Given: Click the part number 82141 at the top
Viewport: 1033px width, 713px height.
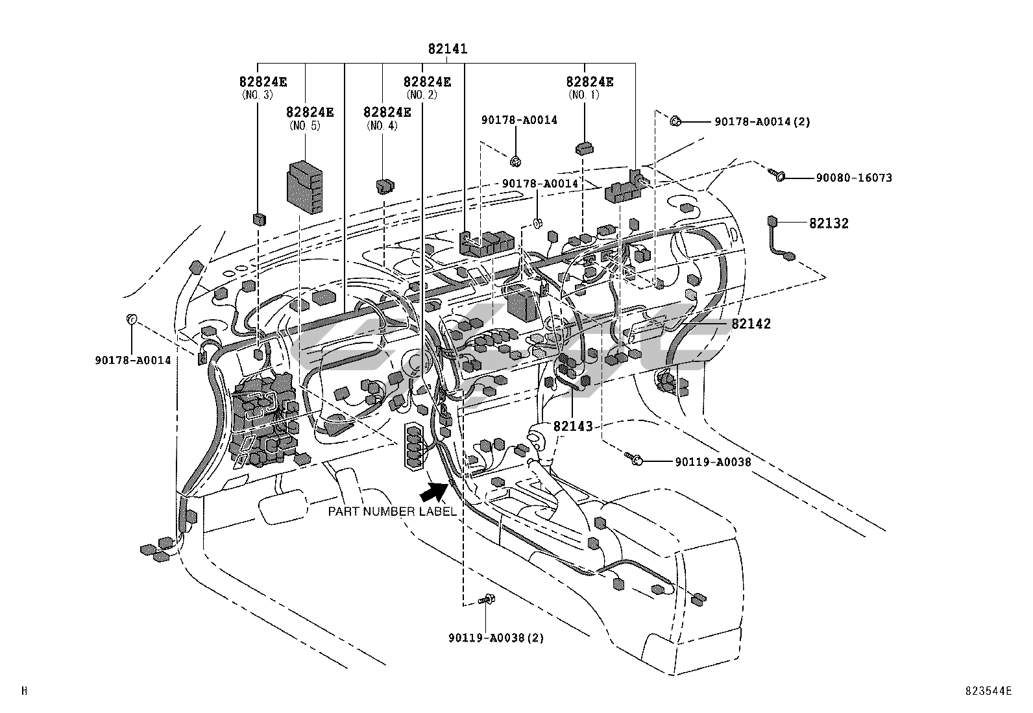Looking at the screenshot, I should point(448,49).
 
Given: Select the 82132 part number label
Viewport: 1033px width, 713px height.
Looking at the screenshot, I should point(829,223).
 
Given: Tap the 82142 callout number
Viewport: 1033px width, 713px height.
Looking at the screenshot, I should point(751,324).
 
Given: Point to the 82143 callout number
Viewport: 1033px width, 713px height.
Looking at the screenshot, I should point(573,426).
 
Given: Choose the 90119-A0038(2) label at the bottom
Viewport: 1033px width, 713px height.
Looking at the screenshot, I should point(496,638).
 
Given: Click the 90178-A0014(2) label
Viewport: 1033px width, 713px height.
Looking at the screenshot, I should point(762,121).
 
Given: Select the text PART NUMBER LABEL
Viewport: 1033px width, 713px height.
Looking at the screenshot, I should point(392,511).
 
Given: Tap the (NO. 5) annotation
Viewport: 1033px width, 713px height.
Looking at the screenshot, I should point(305,125).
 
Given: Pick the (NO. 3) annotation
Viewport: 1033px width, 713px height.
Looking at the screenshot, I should point(258,95).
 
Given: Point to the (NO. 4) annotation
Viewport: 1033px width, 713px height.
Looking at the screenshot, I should point(382,125).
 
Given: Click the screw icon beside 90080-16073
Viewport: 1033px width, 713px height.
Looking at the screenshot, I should point(776,175).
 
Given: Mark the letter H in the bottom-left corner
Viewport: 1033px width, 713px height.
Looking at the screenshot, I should point(25,692).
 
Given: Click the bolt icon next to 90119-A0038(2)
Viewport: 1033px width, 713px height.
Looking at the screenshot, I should point(487,599).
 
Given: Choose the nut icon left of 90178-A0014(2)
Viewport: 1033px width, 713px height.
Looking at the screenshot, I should point(675,121).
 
